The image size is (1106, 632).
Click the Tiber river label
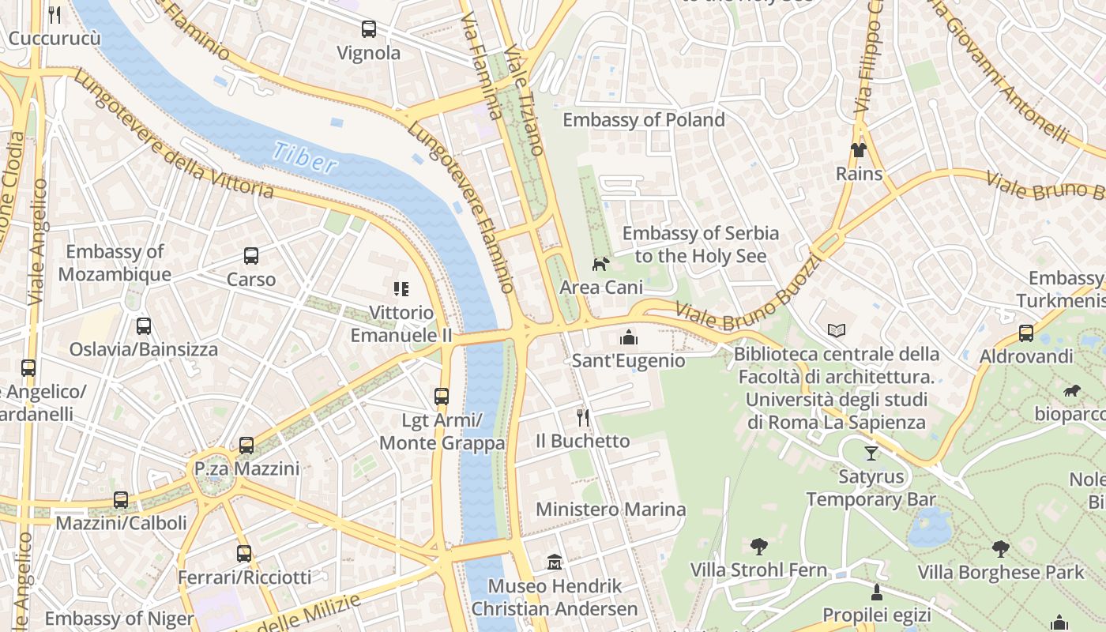(305, 156)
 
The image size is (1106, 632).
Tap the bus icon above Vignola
(368, 30)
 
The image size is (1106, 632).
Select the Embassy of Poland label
(643, 120)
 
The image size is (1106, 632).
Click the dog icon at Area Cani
(601, 264)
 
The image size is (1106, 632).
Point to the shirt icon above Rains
(859, 150)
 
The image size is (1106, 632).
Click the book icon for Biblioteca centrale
(837, 330)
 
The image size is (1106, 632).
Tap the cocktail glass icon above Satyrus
(871, 453)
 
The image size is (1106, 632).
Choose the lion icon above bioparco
(1071, 391)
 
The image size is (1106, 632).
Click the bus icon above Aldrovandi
(1025, 333)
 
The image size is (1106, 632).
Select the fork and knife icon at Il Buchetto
(583, 417)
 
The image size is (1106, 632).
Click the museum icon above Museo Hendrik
(555, 562)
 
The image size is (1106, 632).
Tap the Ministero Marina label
(611, 510)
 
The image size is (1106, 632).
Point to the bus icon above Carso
(251, 256)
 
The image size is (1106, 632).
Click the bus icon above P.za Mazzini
(246, 446)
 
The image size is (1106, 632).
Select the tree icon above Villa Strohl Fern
(758, 546)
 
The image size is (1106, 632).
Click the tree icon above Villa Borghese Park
(1000, 548)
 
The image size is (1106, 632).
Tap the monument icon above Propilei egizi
(876, 592)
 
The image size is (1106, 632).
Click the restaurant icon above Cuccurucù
(55, 14)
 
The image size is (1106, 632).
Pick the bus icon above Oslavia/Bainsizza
(143, 326)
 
